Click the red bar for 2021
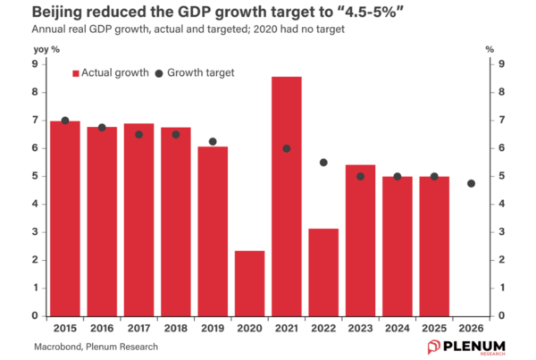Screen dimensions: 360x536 tap(287, 197)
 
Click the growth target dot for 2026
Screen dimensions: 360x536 tap(471, 183)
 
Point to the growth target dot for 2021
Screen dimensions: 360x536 tap(287, 148)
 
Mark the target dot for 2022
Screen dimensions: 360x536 tap(323, 163)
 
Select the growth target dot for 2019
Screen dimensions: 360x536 tap(213, 141)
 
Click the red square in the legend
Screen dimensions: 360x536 tap(75, 72)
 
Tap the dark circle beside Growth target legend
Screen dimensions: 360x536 tap(161, 72)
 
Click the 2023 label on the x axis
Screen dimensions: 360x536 tap(360, 329)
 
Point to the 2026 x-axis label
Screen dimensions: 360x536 tap(471, 329)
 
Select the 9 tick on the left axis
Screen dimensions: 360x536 tap(37, 63)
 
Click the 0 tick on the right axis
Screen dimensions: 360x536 tap(502, 315)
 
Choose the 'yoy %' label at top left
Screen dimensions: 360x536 tap(46, 49)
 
